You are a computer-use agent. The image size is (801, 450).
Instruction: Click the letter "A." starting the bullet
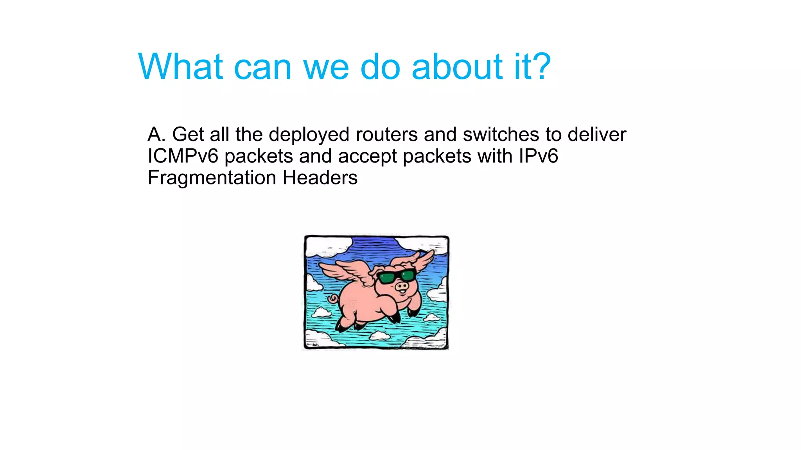(x=156, y=134)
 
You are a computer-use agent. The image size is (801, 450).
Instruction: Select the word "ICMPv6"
(x=183, y=156)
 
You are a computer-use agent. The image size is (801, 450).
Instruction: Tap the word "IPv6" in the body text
(x=538, y=156)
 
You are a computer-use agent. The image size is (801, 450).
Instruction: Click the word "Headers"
(x=320, y=178)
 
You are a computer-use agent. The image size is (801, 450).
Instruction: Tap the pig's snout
(x=402, y=287)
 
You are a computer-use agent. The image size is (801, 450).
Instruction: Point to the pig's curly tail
(x=333, y=300)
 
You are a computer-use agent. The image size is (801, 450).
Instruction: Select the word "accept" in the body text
(x=367, y=157)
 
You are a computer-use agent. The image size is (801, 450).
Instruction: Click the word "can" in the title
(x=262, y=67)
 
